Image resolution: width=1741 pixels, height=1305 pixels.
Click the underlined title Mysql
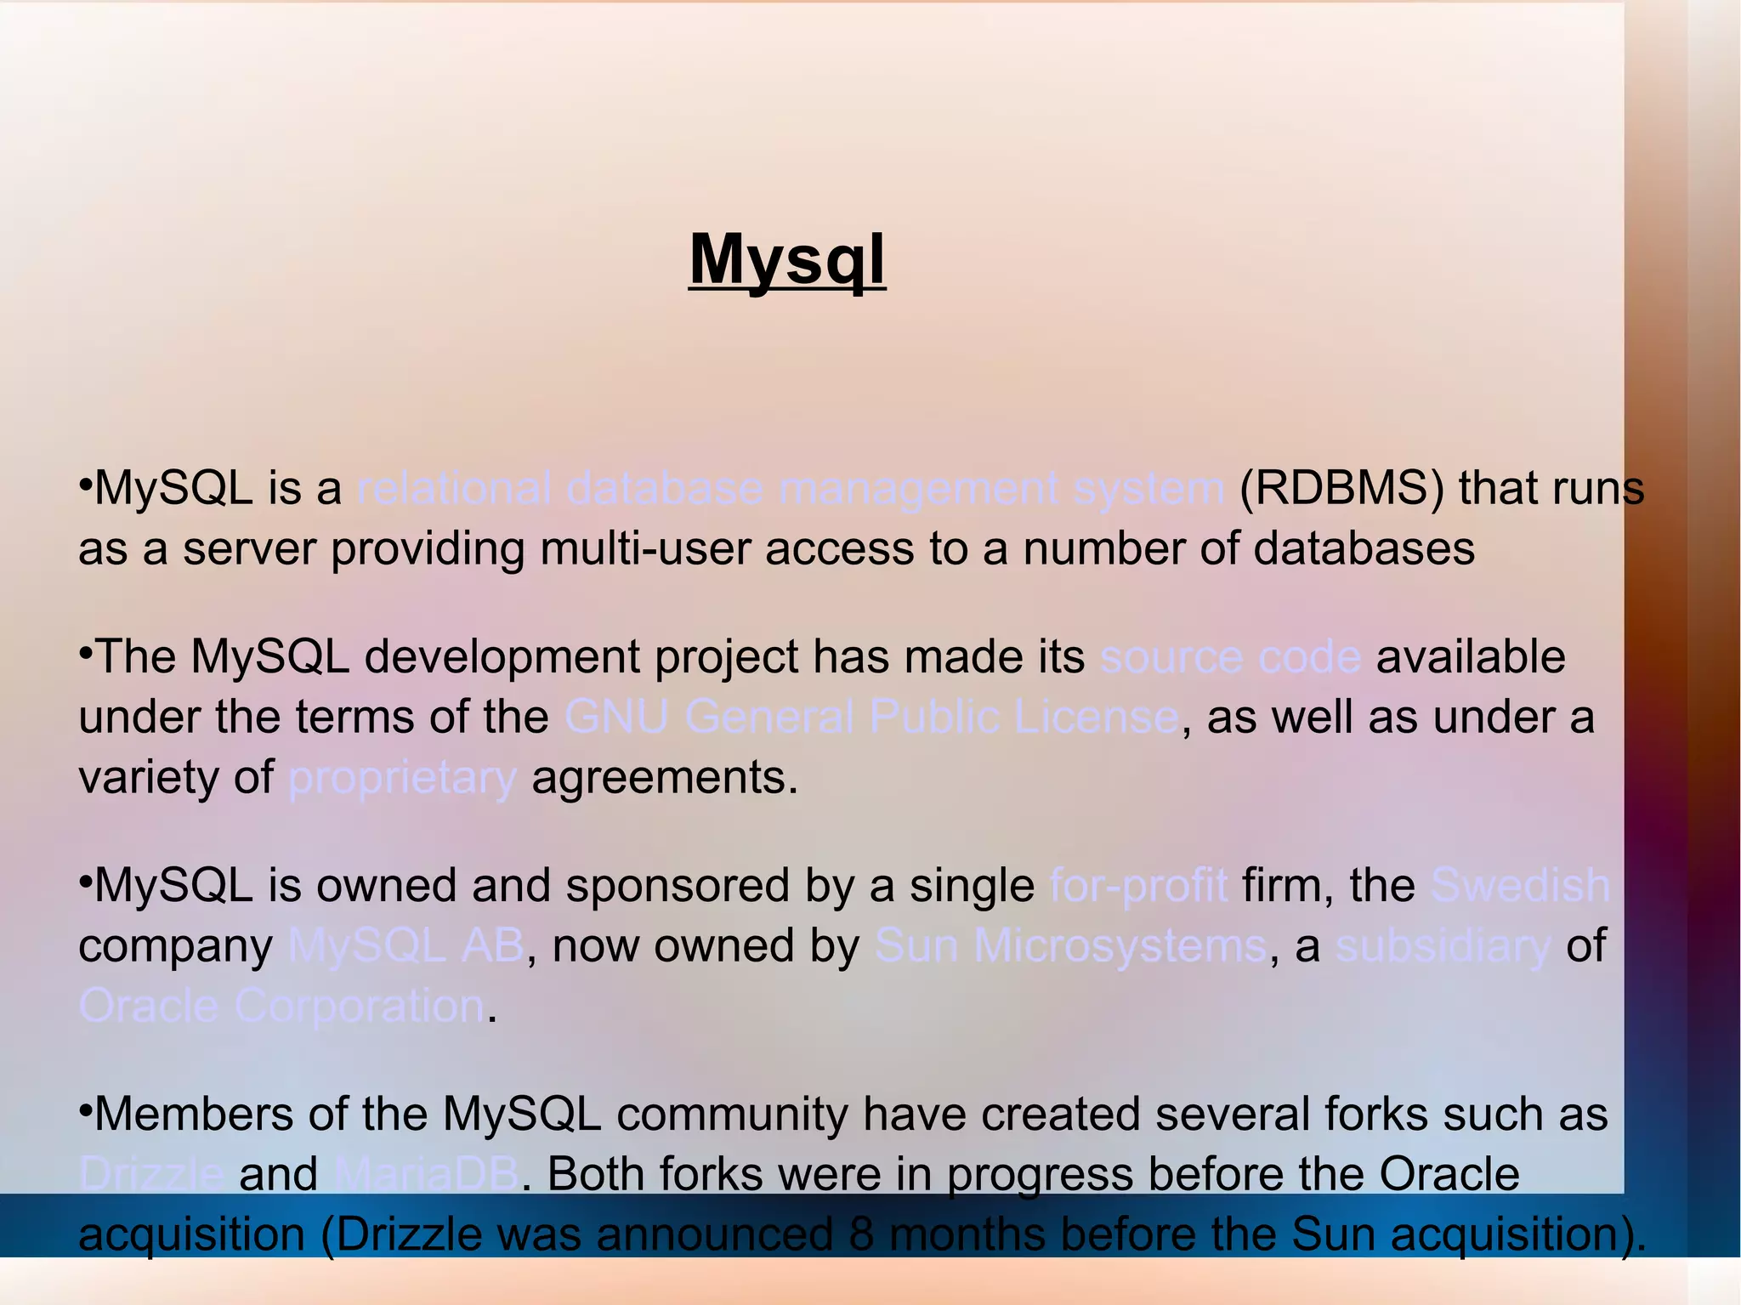(x=786, y=259)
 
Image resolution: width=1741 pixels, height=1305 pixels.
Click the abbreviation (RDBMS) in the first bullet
(x=1341, y=489)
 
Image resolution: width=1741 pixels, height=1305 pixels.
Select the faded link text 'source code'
(x=1230, y=657)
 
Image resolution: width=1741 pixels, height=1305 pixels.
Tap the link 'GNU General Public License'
(x=871, y=717)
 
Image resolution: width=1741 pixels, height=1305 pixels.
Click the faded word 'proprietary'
(x=402, y=778)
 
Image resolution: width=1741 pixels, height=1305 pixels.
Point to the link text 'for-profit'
(x=1138, y=885)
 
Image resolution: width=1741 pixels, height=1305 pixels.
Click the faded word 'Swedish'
(x=1520, y=885)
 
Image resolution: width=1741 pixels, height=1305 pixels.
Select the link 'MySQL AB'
(x=406, y=945)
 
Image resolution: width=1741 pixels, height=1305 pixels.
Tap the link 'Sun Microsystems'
(x=1070, y=945)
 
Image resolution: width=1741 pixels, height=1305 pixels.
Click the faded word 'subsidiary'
(x=1443, y=945)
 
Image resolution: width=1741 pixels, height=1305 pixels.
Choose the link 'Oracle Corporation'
(x=281, y=1006)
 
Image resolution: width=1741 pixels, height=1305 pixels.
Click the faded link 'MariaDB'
(x=427, y=1174)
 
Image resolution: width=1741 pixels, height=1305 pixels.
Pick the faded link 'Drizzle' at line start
(x=151, y=1174)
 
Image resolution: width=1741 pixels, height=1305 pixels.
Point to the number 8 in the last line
(x=860, y=1234)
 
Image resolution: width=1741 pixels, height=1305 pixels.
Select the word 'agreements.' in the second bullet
(x=665, y=778)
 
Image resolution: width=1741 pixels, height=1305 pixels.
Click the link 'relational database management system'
(x=790, y=489)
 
